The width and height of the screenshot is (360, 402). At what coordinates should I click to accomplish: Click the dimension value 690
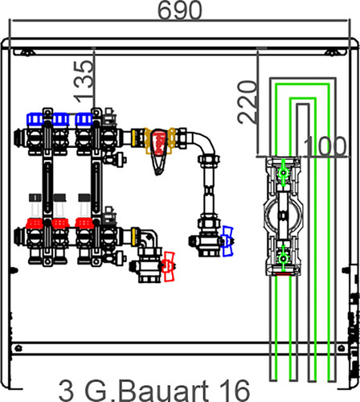point(179,10)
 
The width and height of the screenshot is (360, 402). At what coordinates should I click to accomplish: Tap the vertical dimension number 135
point(84,82)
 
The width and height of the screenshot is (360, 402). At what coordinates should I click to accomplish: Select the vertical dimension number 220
point(247,102)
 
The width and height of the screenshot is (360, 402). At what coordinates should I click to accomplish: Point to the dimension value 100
point(325,146)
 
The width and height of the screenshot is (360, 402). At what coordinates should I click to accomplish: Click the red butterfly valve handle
point(169,266)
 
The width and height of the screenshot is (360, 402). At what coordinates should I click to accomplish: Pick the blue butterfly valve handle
point(227,241)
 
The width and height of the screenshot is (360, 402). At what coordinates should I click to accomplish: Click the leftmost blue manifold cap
point(35,119)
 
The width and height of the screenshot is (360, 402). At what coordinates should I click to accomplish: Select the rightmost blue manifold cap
point(84,119)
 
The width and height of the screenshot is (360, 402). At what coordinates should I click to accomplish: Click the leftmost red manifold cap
point(35,224)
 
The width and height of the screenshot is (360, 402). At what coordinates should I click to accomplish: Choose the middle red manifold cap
point(60,224)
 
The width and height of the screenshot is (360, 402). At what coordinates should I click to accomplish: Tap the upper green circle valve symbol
point(283,173)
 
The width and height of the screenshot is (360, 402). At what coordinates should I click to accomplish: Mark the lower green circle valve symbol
point(283,259)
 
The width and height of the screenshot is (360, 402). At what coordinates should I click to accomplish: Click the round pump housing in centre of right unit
point(284,215)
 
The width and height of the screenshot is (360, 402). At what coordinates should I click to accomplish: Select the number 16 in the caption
point(235,391)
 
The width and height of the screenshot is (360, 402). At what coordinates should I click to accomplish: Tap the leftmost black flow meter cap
point(35,198)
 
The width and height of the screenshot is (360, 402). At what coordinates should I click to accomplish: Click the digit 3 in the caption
point(66,391)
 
